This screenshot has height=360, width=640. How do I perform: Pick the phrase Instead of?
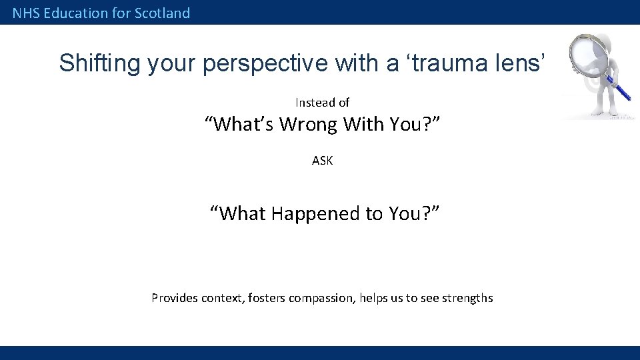pyautogui.click(x=322, y=103)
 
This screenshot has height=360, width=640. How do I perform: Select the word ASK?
pyautogui.click(x=322, y=161)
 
